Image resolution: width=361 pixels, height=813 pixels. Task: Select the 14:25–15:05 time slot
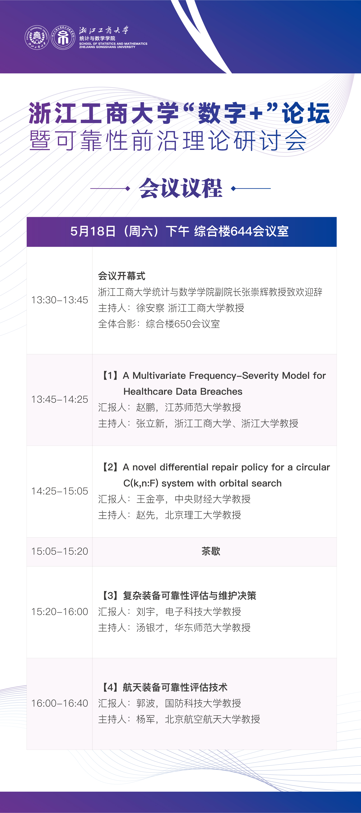(x=60, y=491)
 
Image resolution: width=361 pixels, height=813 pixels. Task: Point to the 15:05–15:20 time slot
(x=60, y=551)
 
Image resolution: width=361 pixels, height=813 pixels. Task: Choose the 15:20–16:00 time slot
(x=60, y=612)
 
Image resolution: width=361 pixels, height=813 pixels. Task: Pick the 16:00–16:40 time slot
(x=60, y=703)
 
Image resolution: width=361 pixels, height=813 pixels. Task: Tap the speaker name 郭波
(x=146, y=703)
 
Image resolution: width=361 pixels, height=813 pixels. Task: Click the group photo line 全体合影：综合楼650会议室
(x=159, y=324)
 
